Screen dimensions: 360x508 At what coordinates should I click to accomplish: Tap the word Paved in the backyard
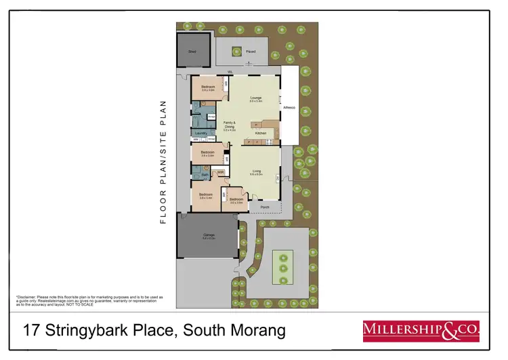pyautogui.click(x=251, y=51)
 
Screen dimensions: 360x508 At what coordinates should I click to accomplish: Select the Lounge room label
pyautogui.click(x=255, y=98)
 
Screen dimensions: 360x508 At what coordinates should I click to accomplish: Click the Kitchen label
pyautogui.click(x=261, y=134)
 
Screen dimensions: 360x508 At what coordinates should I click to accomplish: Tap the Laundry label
pyautogui.click(x=200, y=133)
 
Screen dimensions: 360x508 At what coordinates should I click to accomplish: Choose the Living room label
pyautogui.click(x=256, y=172)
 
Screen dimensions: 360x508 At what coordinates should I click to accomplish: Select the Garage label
pyautogui.click(x=209, y=236)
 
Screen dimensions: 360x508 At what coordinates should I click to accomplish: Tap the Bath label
pyautogui.click(x=204, y=174)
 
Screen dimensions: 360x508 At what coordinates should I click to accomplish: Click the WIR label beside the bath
pyautogui.click(x=221, y=172)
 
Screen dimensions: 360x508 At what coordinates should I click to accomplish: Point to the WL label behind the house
pyautogui.click(x=230, y=71)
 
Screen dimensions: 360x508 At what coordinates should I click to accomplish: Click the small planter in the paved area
pyautogui.click(x=237, y=50)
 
